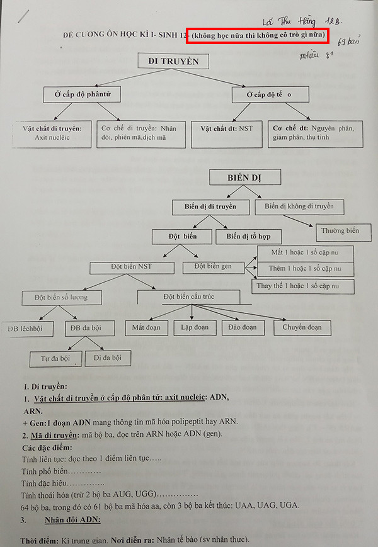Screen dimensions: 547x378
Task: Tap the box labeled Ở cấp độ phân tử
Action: pos(83,94)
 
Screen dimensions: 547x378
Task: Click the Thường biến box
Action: pos(340,231)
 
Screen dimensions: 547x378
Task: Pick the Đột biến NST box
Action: pos(130,267)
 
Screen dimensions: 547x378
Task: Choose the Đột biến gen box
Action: pos(213,267)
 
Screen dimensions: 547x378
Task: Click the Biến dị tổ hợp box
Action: pos(249,237)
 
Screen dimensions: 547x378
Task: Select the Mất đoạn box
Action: pos(146,327)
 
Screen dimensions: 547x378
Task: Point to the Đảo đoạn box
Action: pos(243,327)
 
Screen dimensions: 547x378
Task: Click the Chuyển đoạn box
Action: pos(302,327)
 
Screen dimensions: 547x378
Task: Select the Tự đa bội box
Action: pos(55,358)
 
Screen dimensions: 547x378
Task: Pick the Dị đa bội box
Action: pos(108,358)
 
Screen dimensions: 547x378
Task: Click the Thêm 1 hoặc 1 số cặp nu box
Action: pos(306,269)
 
